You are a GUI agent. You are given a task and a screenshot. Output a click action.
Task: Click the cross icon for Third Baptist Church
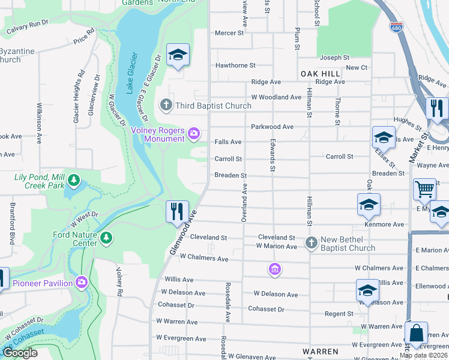166,106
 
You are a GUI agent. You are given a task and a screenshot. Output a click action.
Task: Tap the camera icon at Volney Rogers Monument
193,133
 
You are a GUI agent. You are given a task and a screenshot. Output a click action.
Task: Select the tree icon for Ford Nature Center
106,238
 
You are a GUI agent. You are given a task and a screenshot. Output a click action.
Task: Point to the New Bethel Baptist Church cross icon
311,242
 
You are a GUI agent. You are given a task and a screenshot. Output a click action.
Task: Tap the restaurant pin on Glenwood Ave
177,212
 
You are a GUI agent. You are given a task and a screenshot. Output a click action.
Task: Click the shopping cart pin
424,190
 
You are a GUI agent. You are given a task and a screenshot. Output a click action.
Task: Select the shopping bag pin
416,334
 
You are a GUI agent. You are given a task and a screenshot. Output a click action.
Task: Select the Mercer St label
229,33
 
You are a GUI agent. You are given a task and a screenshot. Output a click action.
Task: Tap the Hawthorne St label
235,65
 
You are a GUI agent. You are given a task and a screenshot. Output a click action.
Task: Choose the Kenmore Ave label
388,224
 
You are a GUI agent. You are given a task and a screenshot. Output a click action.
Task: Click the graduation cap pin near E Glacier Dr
178,55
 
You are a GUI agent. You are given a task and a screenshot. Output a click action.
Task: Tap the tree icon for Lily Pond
73,179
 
